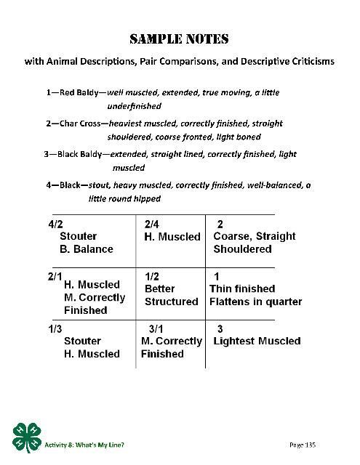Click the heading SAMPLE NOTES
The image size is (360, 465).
point(180,38)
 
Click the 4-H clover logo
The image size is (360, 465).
point(28,437)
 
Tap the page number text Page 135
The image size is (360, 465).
point(303,444)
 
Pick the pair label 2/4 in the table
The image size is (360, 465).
point(152,224)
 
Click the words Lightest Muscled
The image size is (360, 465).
point(257,341)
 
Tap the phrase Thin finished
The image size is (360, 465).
point(242,289)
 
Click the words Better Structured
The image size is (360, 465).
point(171,295)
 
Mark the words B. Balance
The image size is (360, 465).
point(87,249)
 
